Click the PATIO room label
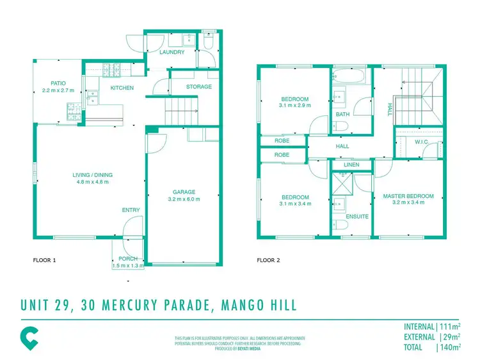coord(58,83)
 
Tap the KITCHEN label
coord(122,88)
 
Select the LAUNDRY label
coord(172,53)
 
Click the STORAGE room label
coord(198,87)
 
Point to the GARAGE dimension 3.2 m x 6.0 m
coord(184,199)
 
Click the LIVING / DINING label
coord(90,174)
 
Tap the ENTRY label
coord(131,210)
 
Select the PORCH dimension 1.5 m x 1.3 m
coord(128,265)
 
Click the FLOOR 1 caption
coord(45,261)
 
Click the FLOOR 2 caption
coord(269,261)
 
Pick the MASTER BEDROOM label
coord(408,196)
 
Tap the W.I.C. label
coord(420,142)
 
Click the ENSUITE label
coord(357,217)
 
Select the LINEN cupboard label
coord(351,165)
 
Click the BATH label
coord(342,115)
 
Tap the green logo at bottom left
coord(29,336)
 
